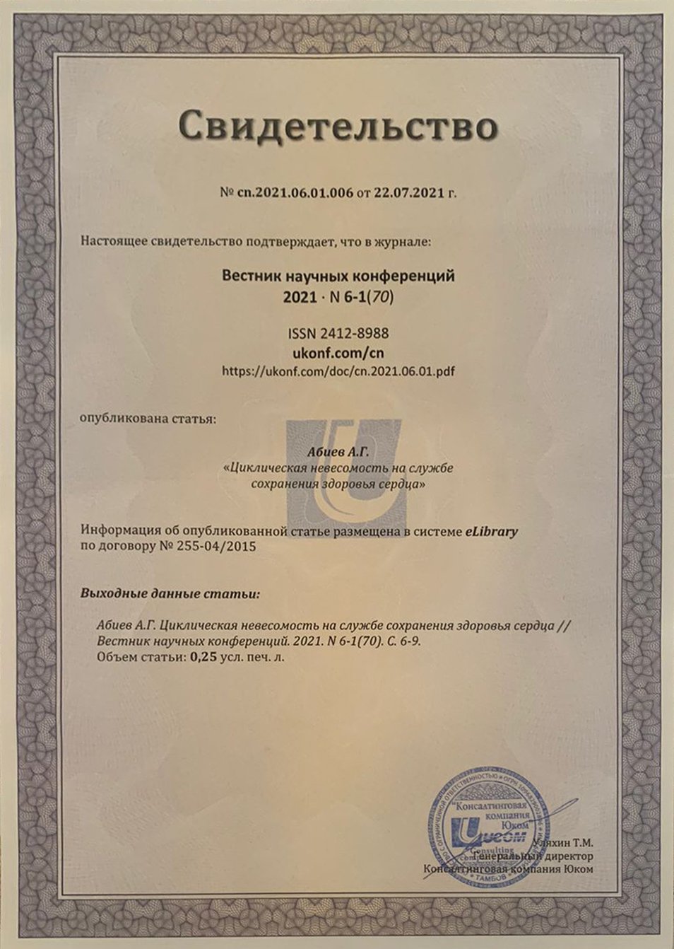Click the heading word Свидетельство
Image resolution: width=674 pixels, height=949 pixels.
pos(338,127)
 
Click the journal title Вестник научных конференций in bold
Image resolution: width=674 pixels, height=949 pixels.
pos(338,276)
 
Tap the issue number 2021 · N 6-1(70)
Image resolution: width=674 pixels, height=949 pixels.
pos(338,297)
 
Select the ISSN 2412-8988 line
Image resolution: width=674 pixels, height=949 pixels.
pos(338,333)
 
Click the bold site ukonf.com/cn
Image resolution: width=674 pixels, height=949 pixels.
pos(338,351)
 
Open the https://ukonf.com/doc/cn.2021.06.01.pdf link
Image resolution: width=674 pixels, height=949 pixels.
pos(338,371)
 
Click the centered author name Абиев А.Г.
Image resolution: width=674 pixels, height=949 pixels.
pos(338,451)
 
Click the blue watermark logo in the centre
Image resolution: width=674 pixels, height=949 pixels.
pos(344,470)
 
